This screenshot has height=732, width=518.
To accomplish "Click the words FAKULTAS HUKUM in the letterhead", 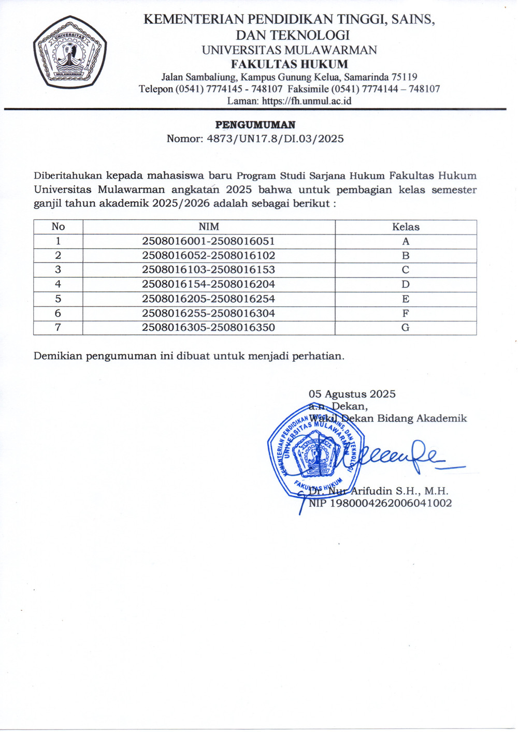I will pos(289,64).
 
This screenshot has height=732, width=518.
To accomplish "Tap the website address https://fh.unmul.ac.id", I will pos(307,101).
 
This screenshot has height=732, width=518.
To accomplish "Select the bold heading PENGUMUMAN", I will pos(255,125).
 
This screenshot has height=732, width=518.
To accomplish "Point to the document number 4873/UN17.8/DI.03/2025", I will pos(275,139).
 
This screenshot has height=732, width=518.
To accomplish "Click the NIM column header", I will pos(209,227).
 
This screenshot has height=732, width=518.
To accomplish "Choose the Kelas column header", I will pos(406,227).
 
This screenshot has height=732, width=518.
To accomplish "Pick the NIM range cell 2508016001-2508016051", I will pos(208,241).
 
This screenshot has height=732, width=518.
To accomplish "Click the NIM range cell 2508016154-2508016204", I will pos(208,284).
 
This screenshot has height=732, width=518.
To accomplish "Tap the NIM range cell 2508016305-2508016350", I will pos(208,327).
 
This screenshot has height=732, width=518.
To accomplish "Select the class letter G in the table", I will pos(406,327).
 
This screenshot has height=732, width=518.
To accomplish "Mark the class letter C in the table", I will pos(406,270).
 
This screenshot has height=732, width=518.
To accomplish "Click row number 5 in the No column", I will pos(58,299).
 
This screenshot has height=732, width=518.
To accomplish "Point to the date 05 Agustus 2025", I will pos(352,394).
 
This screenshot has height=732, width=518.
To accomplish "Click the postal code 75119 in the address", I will pos(404,77).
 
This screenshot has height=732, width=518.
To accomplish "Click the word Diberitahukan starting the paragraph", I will pos(68,175).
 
